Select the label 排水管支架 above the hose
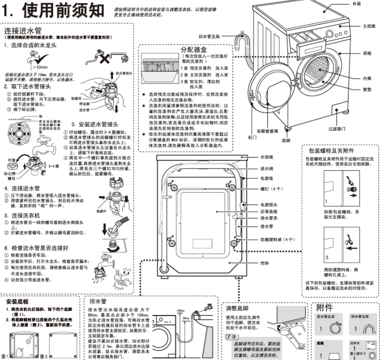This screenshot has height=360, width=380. pyautogui.click(x=210, y=36)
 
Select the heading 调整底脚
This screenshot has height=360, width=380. pyautogui.click(x=239, y=308)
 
